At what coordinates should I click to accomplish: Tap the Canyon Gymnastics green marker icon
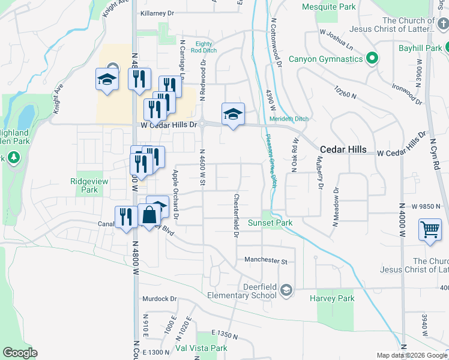[372, 59]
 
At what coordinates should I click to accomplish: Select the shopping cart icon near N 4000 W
[430, 229]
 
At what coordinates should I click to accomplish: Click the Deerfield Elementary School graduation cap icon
[286, 290]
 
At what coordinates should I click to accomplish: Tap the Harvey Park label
[332, 298]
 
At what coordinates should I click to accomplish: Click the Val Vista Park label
[201, 348]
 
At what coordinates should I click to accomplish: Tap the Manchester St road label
[266, 261]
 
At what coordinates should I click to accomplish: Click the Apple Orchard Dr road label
[176, 194]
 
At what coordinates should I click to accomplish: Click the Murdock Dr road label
[159, 298]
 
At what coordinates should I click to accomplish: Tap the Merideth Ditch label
[289, 119]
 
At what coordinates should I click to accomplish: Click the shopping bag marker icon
[149, 214]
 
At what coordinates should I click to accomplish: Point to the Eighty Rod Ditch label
[204, 47]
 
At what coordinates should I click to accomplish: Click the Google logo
[20, 353]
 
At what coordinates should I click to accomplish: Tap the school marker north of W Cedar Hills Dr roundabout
[233, 113]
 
